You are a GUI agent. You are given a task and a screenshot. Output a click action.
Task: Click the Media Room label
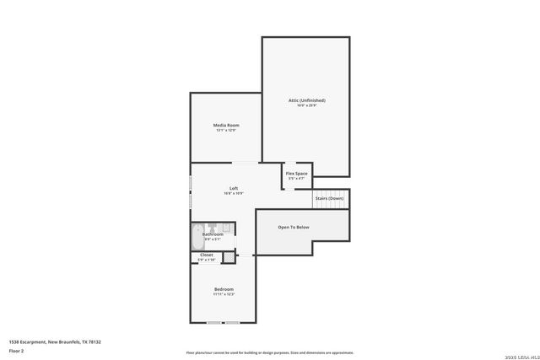225,126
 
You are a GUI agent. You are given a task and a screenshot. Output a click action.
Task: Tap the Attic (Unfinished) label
306,100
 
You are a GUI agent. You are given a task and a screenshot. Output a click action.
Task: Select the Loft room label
234,188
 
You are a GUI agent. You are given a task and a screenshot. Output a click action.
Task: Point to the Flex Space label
296,174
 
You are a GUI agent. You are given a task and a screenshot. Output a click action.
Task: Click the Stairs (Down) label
329,198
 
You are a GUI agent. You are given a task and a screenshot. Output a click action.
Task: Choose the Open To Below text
294,227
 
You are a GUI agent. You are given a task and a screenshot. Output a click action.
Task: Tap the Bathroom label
213,234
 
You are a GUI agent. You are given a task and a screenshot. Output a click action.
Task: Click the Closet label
207,255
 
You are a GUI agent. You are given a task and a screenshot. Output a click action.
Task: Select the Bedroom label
224,289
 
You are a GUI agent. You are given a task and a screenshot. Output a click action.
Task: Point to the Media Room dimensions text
225,131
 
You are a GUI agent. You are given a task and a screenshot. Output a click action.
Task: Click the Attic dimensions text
306,105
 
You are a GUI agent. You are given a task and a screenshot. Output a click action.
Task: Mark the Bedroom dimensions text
224,294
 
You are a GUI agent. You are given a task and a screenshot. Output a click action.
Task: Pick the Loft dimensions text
234,193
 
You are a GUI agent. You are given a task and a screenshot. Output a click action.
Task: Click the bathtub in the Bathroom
197,235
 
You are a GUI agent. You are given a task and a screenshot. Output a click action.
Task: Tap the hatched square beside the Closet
226,257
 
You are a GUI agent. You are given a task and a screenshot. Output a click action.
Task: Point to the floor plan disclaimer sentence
269,352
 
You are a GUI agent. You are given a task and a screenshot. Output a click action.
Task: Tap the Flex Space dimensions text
296,179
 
